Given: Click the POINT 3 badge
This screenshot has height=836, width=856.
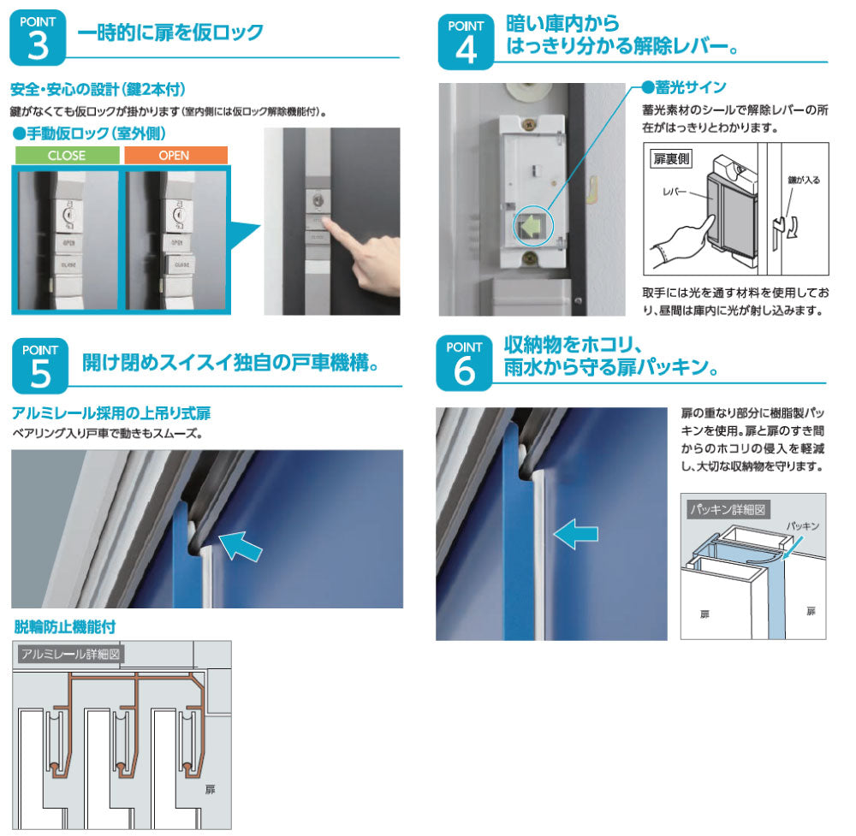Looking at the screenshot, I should pos(37,39).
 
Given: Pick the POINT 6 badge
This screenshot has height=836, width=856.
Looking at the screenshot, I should pos(465,363).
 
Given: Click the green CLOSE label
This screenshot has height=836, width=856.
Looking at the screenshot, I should pos(66,156).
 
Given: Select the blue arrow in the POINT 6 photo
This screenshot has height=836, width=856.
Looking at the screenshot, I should pos(576,534).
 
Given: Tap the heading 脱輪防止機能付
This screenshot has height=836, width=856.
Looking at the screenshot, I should pos(65,627).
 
